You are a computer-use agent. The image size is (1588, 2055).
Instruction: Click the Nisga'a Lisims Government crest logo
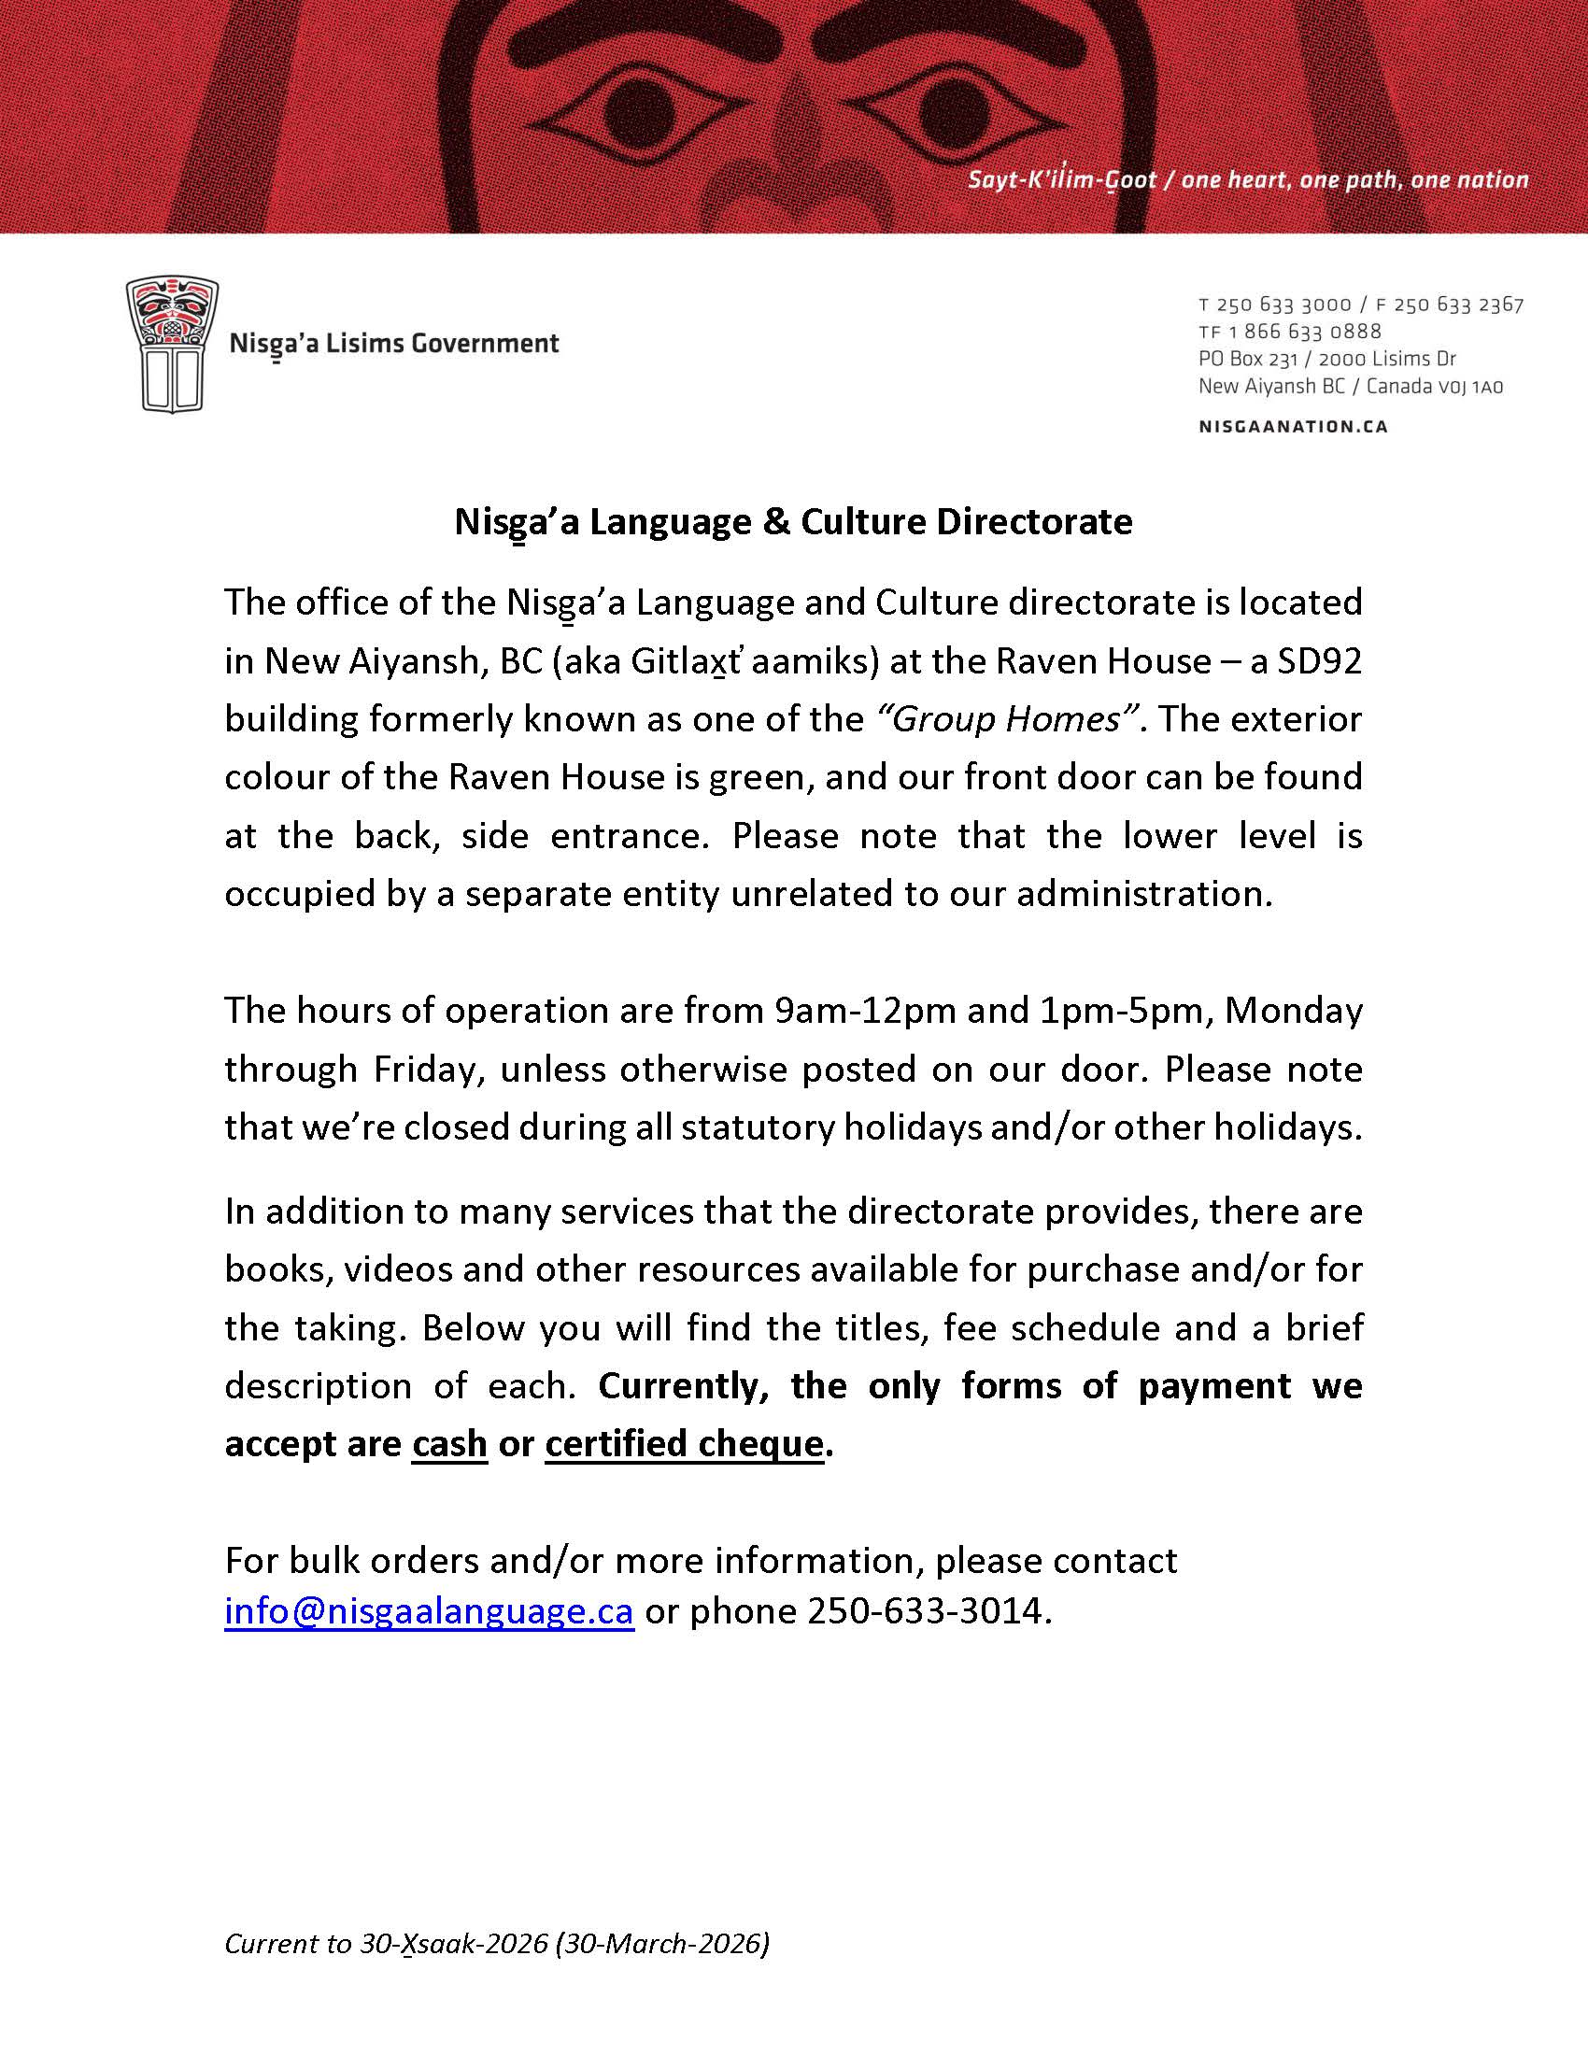[x=172, y=345]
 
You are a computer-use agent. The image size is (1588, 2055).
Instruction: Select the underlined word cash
[x=449, y=1442]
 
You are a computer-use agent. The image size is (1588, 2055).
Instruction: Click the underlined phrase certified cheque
[x=684, y=1442]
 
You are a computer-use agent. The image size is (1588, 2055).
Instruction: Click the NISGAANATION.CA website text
[x=1294, y=426]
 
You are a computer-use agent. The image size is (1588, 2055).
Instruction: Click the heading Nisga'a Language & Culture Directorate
[x=793, y=521]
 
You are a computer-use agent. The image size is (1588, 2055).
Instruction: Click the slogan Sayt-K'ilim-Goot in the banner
[x=1062, y=179]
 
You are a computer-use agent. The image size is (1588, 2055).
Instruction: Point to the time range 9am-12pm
[x=866, y=1011]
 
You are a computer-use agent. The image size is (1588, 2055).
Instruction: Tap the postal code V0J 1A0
[x=1470, y=386]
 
